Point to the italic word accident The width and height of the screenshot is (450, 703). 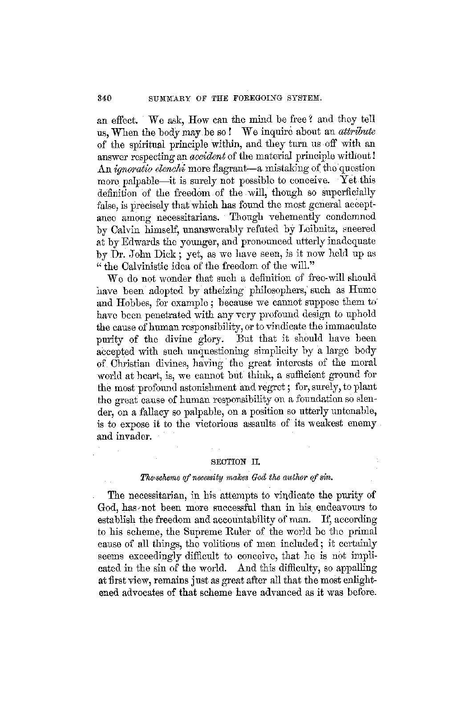[205, 157]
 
